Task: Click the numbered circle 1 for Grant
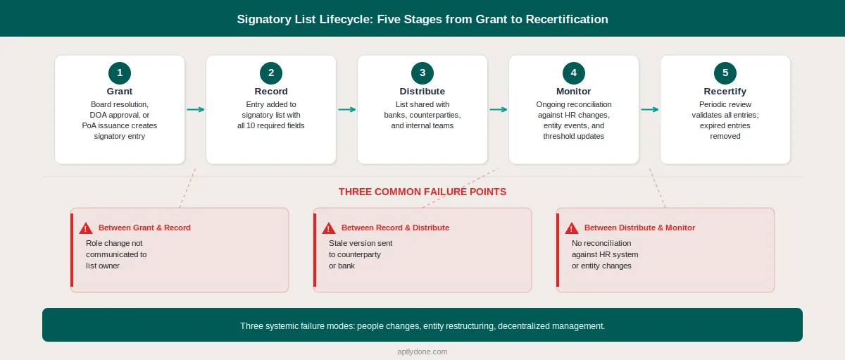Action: (120, 73)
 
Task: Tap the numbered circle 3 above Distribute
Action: (423, 73)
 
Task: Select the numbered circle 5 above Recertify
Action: (725, 73)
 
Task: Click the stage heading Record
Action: (271, 92)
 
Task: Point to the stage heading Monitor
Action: (574, 92)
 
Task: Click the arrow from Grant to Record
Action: (195, 109)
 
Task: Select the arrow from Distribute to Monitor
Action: (498, 109)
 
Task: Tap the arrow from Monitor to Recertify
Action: (649, 109)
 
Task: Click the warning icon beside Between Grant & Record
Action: (86, 228)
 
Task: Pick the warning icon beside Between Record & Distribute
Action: (329, 228)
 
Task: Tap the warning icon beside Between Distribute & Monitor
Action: (572, 228)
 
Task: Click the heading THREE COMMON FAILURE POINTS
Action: (423, 192)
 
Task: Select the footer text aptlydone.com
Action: (423, 351)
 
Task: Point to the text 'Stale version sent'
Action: (361, 243)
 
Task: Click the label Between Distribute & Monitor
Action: (639, 228)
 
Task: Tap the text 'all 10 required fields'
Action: (271, 125)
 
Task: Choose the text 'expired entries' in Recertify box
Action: (725, 125)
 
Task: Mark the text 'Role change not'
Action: (113, 243)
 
